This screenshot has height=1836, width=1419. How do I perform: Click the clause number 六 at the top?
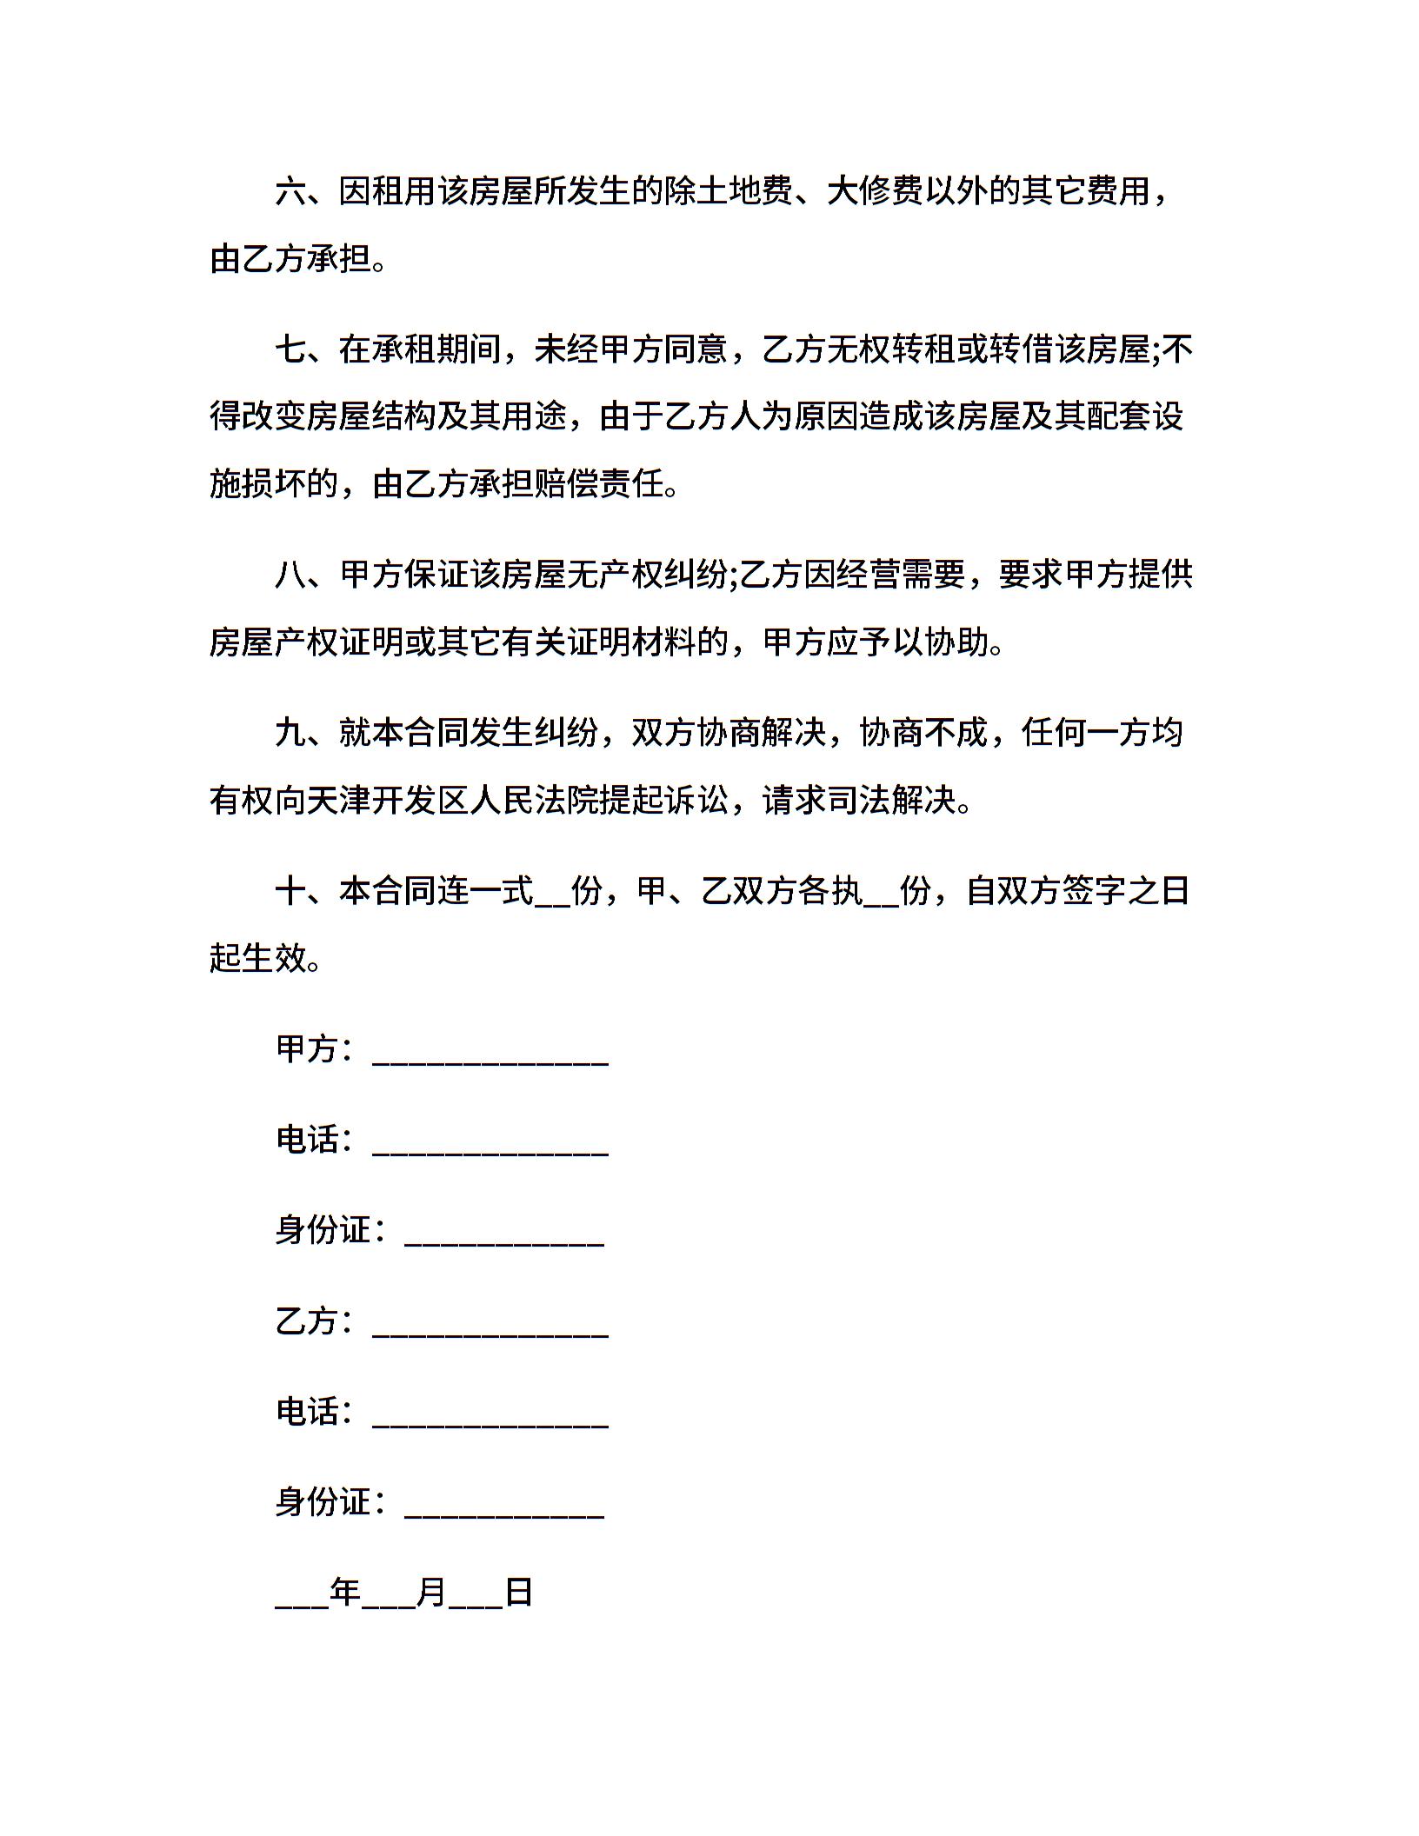tap(290, 192)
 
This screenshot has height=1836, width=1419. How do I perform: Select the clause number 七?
tap(290, 349)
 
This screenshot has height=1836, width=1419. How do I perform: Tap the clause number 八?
tap(290, 575)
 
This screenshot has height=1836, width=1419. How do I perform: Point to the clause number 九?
tap(290, 733)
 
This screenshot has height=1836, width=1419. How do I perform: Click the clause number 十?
tap(290, 891)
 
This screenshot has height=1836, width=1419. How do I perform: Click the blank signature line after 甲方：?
tap(490, 1056)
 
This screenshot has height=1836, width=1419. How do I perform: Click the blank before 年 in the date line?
tap(302, 1599)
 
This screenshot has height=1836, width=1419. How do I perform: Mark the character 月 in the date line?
tap(431, 1593)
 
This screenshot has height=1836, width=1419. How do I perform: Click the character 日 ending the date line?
tap(519, 1593)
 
